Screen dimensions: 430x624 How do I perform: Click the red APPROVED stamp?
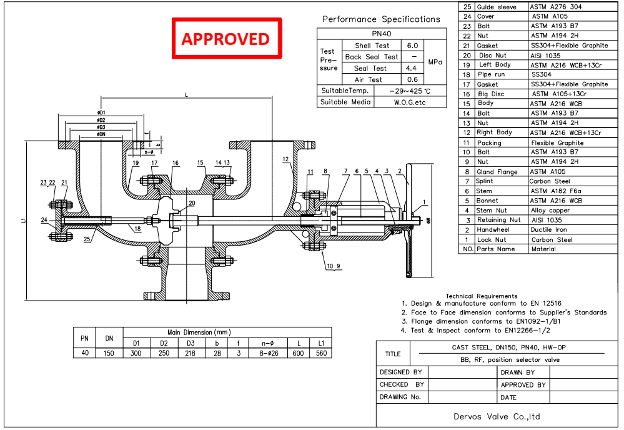(x=226, y=39)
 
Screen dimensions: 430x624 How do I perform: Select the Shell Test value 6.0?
(x=412, y=46)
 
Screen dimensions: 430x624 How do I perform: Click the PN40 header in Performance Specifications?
(x=382, y=34)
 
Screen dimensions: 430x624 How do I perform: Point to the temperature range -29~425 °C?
(x=410, y=91)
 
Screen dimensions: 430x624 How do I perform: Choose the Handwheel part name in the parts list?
(x=494, y=229)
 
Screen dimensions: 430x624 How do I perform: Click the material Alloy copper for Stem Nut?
(x=551, y=211)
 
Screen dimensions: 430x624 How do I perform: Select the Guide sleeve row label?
(x=497, y=7)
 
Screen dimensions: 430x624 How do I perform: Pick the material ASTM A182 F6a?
(x=557, y=191)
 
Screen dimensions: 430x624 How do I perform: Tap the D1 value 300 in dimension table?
(x=136, y=353)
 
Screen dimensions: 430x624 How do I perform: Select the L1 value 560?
(x=321, y=353)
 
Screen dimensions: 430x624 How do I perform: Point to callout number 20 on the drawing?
(x=192, y=203)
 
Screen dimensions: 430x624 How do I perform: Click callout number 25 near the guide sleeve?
(x=88, y=238)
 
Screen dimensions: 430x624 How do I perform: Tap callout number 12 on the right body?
(x=285, y=159)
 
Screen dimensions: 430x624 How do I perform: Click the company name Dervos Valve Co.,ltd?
(x=497, y=416)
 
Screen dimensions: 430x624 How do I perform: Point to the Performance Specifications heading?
(x=381, y=19)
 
